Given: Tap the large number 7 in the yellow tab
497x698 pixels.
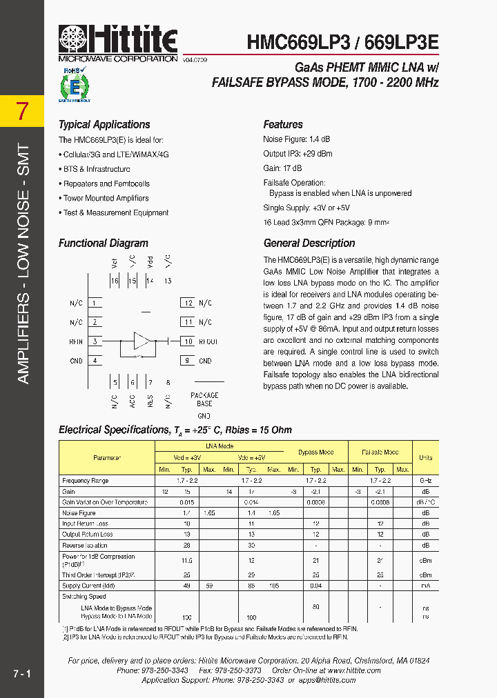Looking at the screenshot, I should [23, 111].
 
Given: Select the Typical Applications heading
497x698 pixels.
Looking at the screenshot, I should [104, 125].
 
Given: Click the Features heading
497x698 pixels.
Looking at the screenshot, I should [283, 125].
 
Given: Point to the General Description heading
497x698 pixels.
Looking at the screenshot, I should [309, 243].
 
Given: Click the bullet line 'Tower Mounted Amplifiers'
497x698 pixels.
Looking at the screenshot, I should [106, 199].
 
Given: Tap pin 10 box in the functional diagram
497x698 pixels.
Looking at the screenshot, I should [187, 341].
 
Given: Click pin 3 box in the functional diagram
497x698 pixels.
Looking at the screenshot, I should [95, 341].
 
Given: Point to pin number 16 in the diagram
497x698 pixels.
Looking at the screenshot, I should [115, 281].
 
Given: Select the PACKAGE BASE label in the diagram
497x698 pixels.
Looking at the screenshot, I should [204, 399].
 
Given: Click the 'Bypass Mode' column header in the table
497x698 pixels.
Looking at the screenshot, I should [316, 452].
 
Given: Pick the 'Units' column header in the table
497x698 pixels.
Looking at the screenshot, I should [426, 457].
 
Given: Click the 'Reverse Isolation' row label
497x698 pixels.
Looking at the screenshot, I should [86, 546].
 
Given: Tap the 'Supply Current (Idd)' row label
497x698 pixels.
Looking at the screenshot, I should [88, 586].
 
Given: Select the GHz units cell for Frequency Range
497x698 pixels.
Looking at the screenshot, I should [426, 481].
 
